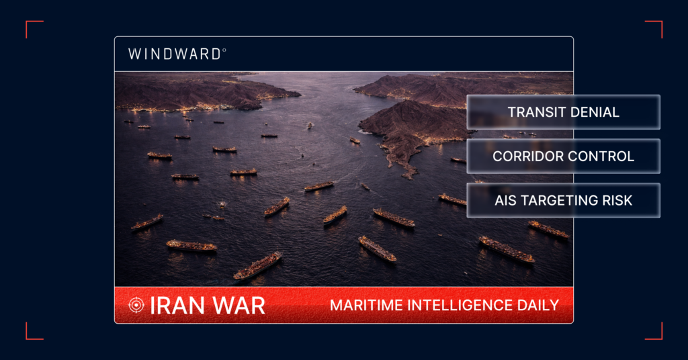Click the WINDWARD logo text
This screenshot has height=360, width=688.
pos(174,54)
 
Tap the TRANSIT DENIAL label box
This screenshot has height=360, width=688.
pos(563,112)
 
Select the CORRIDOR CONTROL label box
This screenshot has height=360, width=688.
pos(563,156)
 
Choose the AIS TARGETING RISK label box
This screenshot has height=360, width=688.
pos(563,200)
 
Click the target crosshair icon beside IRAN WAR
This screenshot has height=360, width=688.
pos(136,305)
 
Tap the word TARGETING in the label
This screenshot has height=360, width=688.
pos(559,200)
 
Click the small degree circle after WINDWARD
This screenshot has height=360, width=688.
pos(224,50)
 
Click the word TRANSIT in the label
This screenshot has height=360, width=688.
pos(534,112)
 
